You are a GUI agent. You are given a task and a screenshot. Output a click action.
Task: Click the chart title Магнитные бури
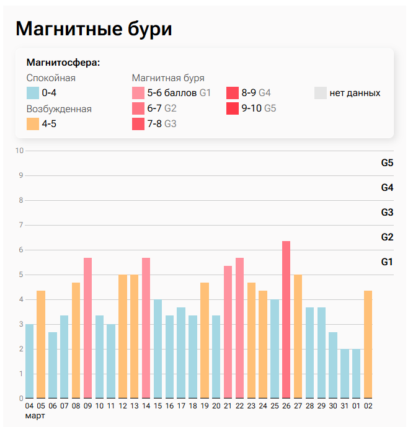click(x=93, y=29)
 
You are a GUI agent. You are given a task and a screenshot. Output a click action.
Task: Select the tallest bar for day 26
click(x=286, y=319)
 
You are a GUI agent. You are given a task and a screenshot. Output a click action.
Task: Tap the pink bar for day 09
click(x=87, y=327)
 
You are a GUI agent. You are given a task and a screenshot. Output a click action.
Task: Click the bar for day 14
click(x=146, y=327)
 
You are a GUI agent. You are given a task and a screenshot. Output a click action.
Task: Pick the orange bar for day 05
click(x=41, y=344)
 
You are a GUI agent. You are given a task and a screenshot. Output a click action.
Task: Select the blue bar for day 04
click(x=29, y=361)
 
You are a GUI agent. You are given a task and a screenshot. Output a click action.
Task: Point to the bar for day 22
click(x=239, y=327)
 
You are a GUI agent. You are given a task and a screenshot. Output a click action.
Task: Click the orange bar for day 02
click(x=368, y=344)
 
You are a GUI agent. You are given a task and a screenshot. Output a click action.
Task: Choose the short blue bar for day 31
click(x=344, y=373)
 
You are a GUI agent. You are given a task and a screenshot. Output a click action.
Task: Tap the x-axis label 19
click(x=204, y=406)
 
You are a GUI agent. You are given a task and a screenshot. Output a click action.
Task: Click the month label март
click(x=35, y=415)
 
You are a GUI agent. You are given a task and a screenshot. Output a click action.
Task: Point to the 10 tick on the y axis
click(x=19, y=151)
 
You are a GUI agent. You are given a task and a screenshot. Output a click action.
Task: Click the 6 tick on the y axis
click(x=21, y=250)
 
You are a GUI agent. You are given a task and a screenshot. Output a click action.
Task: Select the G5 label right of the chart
click(x=387, y=163)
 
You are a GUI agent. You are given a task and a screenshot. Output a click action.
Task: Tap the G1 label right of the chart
click(x=387, y=262)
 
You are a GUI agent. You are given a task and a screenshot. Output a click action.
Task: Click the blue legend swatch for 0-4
click(x=33, y=93)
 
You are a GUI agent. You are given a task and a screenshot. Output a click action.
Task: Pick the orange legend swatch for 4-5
click(x=33, y=123)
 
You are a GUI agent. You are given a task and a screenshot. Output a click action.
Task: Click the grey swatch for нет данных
click(x=321, y=93)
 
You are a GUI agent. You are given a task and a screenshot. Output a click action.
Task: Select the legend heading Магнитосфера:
click(x=63, y=63)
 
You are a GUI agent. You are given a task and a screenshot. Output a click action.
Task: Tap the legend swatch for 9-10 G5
click(x=233, y=108)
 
